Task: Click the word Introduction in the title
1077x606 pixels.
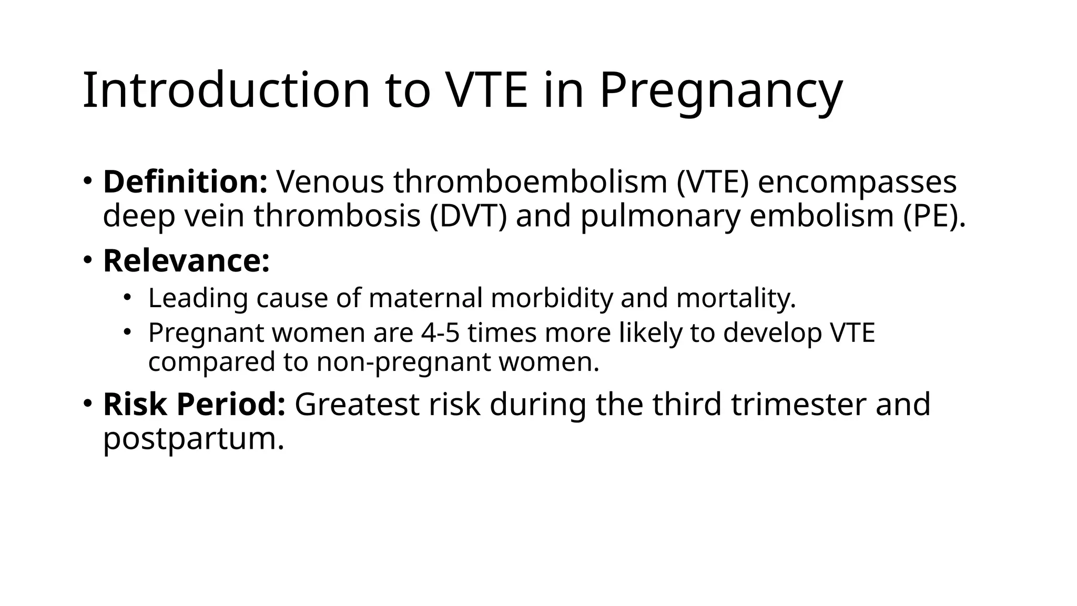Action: (227, 90)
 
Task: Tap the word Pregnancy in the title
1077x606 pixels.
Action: (720, 90)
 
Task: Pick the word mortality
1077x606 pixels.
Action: (736, 298)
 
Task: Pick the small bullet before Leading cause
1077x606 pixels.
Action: (127, 298)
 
